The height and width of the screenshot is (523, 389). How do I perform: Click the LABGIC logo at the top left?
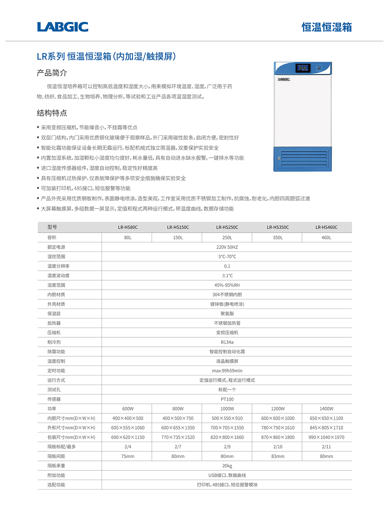[63, 27]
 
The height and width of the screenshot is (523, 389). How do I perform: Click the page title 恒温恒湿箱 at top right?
[326, 27]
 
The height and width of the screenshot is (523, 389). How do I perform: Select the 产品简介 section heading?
[52, 73]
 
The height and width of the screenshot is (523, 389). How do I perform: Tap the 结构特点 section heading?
[52, 113]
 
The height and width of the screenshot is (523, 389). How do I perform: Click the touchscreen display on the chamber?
[303, 68]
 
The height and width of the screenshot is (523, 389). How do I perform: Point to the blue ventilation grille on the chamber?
[303, 159]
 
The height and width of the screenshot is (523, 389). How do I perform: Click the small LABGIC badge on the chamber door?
[284, 79]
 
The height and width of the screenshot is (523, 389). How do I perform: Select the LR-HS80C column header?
[128, 227]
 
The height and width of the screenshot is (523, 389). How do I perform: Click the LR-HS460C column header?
[326, 227]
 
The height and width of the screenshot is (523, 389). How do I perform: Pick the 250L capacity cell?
[227, 238]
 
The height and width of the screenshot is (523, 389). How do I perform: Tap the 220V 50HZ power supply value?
[227, 247]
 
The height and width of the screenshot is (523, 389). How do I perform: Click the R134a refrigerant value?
[227, 342]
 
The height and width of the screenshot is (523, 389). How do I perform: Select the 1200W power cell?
[278, 409]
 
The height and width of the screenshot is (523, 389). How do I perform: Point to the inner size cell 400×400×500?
[128, 418]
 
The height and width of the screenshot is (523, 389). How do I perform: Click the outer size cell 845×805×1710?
[326, 427]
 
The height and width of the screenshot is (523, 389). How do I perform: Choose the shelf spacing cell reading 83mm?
[278, 456]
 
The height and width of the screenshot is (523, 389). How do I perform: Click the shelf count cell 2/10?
[278, 447]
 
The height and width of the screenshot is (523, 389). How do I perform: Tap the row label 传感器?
[54, 399]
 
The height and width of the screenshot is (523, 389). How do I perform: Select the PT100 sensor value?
[227, 399]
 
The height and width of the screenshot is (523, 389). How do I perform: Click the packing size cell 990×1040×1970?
[326, 437]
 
